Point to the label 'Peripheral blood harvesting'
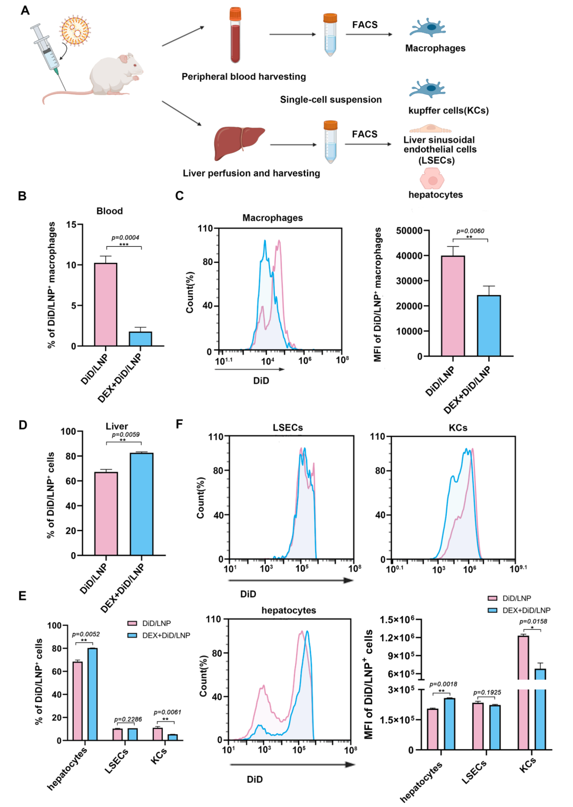click(244, 76)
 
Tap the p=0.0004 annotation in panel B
click(125, 237)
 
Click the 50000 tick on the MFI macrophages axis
click(409, 230)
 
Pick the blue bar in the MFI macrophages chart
click(489, 325)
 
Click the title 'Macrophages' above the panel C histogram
click(272, 218)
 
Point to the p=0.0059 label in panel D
click(126, 434)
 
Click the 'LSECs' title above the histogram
click(288, 427)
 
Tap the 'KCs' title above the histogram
click(458, 427)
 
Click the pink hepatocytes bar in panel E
click(77, 701)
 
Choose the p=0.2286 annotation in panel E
click(128, 719)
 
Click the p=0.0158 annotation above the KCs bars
click(533, 621)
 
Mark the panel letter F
click(179, 424)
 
